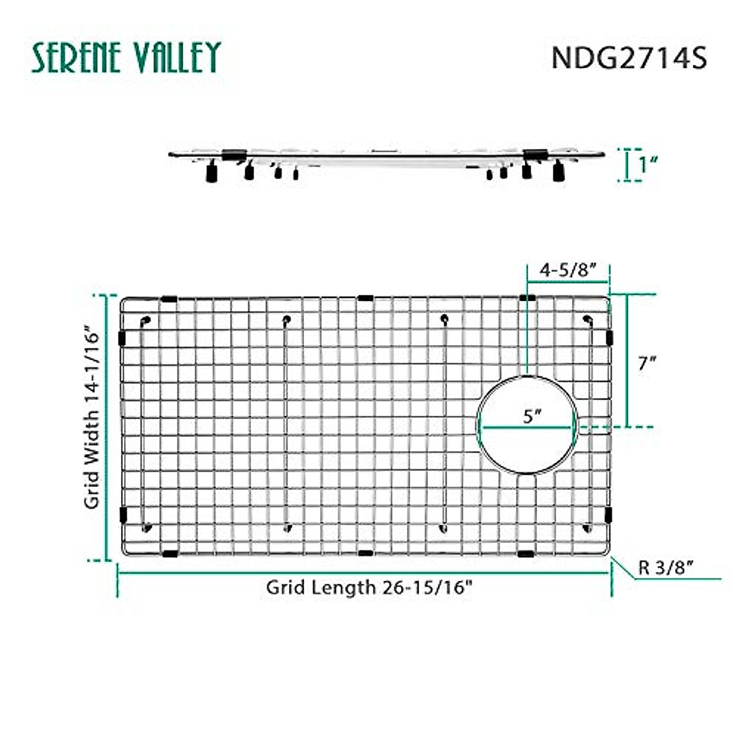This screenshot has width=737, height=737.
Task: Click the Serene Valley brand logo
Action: click(x=126, y=58)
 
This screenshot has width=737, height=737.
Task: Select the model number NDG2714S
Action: click(x=629, y=58)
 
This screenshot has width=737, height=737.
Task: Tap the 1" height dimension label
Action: click(x=647, y=165)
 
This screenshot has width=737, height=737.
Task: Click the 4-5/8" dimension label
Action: click(x=568, y=270)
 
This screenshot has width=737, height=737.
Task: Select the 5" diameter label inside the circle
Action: click(x=531, y=416)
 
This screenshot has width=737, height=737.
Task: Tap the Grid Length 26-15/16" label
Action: click(x=369, y=587)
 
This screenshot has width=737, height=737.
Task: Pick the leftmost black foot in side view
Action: click(x=211, y=174)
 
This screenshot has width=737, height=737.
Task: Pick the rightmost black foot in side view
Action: click(x=558, y=172)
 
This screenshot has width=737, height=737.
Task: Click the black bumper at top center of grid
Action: click(x=365, y=298)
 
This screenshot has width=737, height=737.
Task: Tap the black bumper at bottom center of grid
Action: click(x=365, y=553)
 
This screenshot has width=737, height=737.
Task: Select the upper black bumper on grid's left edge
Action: click(x=122, y=337)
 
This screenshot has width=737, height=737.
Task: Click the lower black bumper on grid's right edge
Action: click(x=609, y=514)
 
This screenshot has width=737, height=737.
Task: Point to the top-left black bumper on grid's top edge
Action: click(x=169, y=299)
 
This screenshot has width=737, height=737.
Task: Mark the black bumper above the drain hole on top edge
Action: click(x=527, y=298)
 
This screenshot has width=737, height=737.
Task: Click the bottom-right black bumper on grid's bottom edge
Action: click(x=526, y=554)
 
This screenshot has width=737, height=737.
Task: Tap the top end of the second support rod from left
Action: click(x=286, y=319)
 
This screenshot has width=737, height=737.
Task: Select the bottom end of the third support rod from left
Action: click(x=443, y=527)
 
